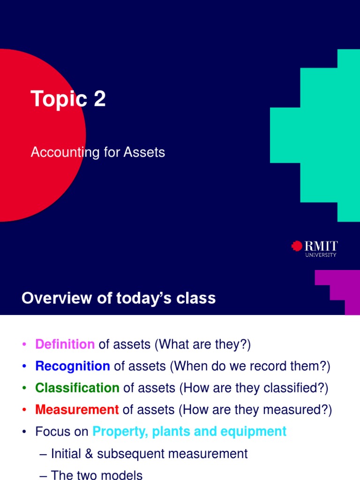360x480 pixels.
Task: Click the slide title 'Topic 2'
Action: pos(68,99)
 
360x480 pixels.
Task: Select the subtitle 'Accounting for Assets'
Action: pos(98,152)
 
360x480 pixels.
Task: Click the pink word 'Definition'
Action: pos(65,345)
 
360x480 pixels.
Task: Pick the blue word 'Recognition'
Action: pos(73,366)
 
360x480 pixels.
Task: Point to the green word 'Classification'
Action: pos(77,388)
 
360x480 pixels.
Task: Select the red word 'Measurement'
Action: pos(77,410)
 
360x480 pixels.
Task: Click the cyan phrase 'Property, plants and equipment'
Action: pos(189,432)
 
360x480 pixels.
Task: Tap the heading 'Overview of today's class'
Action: pos(119,298)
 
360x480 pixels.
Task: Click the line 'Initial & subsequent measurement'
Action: pos(149,454)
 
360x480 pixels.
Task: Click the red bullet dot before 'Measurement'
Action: pos(24,410)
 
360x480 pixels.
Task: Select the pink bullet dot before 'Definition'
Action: pos(24,345)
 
